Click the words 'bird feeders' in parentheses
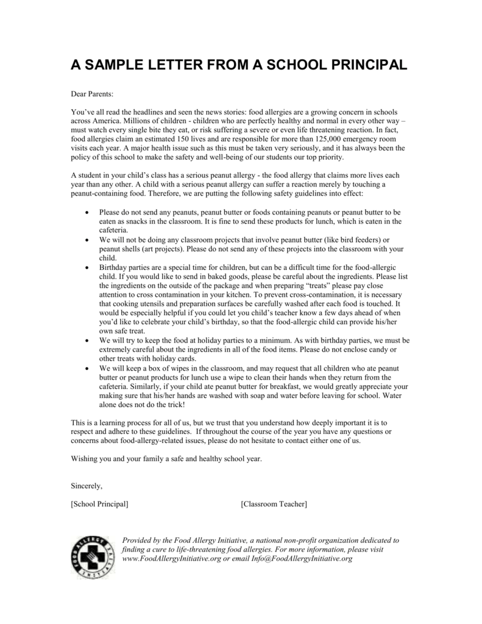tap(359, 240)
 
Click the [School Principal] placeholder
tap(100, 504)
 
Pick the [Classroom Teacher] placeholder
tap(274, 504)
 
